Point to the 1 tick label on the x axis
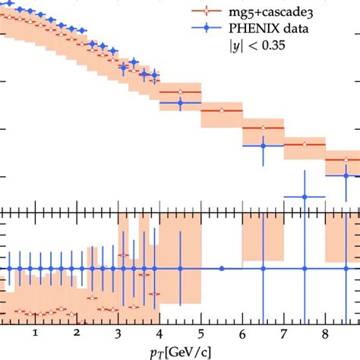[x=35, y=332]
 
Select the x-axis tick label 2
[x=77, y=332]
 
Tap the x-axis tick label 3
[x=118, y=332]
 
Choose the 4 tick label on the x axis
[x=159, y=332]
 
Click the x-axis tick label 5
[x=201, y=332]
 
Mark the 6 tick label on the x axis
[x=242, y=332]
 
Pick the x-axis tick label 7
[x=283, y=332]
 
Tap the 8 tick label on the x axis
[x=325, y=332]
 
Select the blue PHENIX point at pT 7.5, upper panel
[x=304, y=197]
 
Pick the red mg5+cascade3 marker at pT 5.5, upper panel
[x=221, y=110]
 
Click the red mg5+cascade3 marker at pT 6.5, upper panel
[x=263, y=127]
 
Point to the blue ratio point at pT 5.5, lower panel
[x=221, y=268]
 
